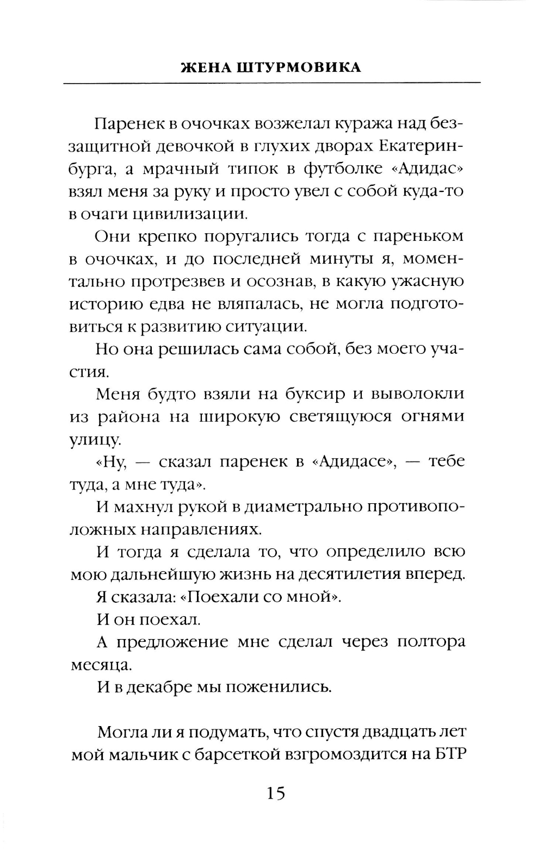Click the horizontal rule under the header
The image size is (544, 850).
[272, 83]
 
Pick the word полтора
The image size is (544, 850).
[431, 642]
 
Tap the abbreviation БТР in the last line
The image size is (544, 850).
[450, 755]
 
